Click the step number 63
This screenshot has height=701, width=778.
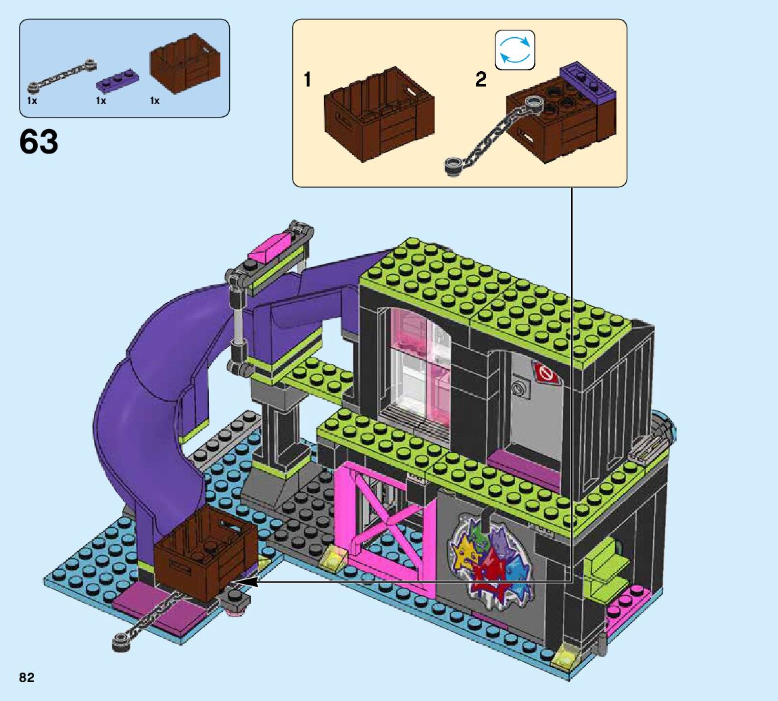39,142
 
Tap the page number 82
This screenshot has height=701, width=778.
27,677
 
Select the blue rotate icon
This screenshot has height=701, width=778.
514,50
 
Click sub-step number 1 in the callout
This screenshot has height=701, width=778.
308,80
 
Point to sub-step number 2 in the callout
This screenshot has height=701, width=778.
481,80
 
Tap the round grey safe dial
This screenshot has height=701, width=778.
520,388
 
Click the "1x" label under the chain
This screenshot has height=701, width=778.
32,101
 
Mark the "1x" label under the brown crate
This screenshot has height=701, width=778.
155,101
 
